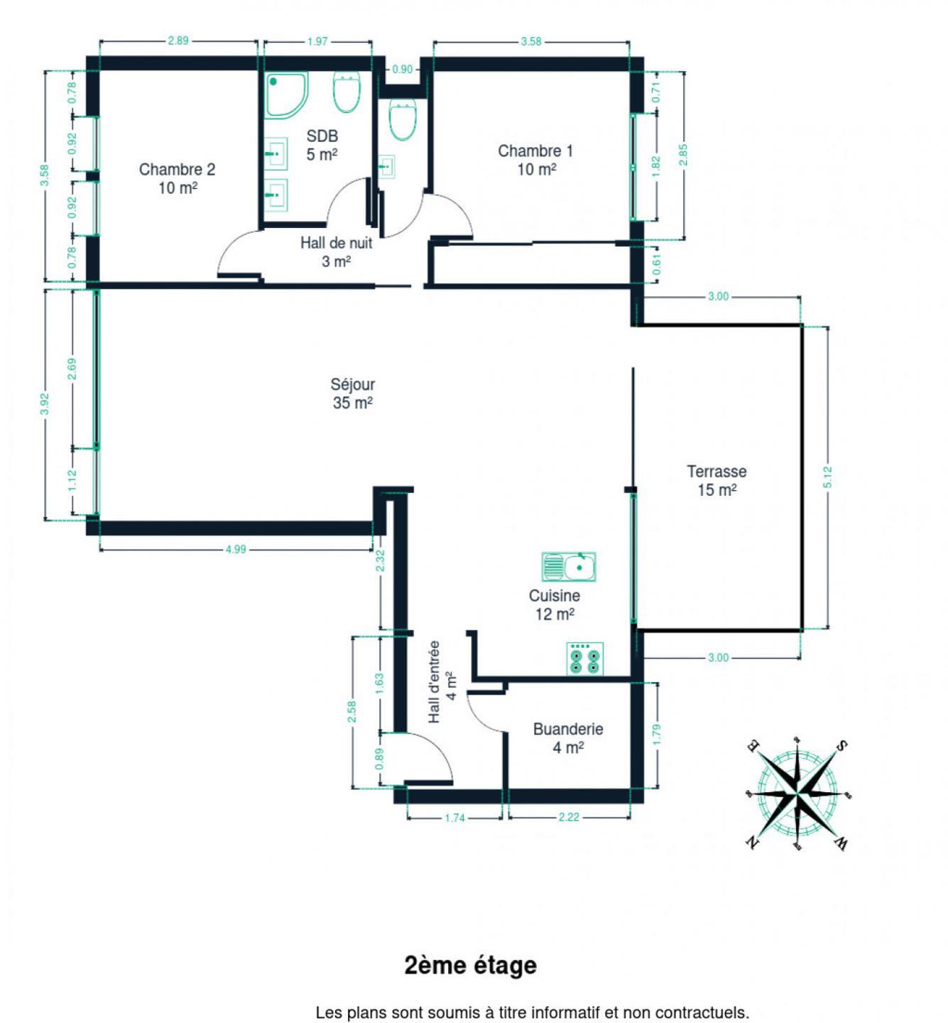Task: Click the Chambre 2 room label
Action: click(177, 178)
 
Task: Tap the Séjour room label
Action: click(352, 393)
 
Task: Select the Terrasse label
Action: click(717, 480)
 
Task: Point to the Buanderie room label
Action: click(568, 737)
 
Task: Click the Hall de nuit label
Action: click(337, 252)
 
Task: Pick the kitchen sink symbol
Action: click(569, 567)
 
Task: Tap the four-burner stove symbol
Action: click(585, 659)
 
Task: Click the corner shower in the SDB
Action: click(286, 94)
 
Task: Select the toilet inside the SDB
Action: click(347, 92)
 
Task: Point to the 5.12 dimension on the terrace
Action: click(827, 477)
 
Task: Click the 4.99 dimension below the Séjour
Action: click(235, 550)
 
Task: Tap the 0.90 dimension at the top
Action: click(402, 69)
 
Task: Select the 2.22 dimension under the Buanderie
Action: click(569, 817)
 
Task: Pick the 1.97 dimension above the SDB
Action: click(317, 41)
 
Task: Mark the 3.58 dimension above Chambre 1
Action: click(531, 41)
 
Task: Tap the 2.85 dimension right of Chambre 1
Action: click(683, 155)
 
